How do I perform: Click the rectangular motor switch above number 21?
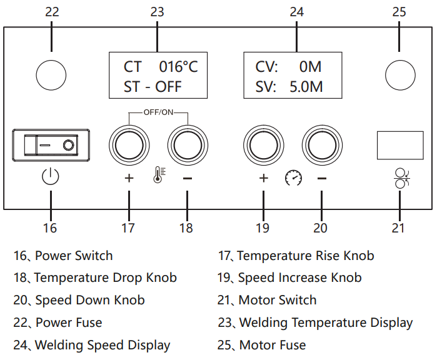click(x=400, y=145)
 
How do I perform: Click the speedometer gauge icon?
click(x=293, y=178)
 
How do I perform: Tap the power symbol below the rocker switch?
click(x=51, y=178)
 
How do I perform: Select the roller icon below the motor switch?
click(x=400, y=179)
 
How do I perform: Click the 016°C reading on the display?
click(x=178, y=67)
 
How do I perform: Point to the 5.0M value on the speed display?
click(x=306, y=87)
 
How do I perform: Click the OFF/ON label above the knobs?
click(x=158, y=112)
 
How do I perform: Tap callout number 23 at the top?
click(x=158, y=12)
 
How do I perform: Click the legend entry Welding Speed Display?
click(x=103, y=345)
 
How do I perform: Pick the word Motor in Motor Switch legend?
click(x=257, y=300)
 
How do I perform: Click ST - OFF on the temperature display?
click(x=153, y=87)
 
